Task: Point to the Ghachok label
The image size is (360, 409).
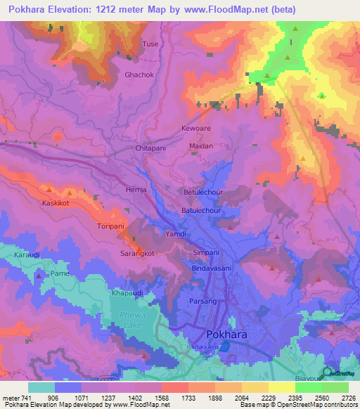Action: [x=138, y=74]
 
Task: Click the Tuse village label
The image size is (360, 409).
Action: [x=150, y=44]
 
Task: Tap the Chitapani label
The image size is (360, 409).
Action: [x=150, y=149]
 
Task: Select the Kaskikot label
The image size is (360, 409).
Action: [x=56, y=202]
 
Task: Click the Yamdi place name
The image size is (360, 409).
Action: [x=175, y=234]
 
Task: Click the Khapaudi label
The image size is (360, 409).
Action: [x=127, y=291]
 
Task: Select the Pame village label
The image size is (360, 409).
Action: [x=60, y=273]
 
